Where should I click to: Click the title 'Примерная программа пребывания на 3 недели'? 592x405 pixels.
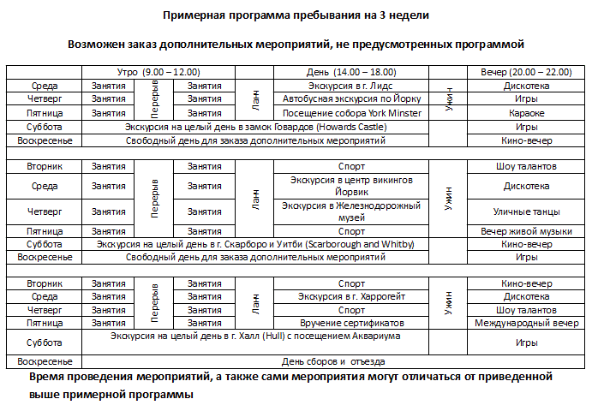(x=295, y=15)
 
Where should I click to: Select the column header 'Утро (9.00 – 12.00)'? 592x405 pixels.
(x=158, y=72)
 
